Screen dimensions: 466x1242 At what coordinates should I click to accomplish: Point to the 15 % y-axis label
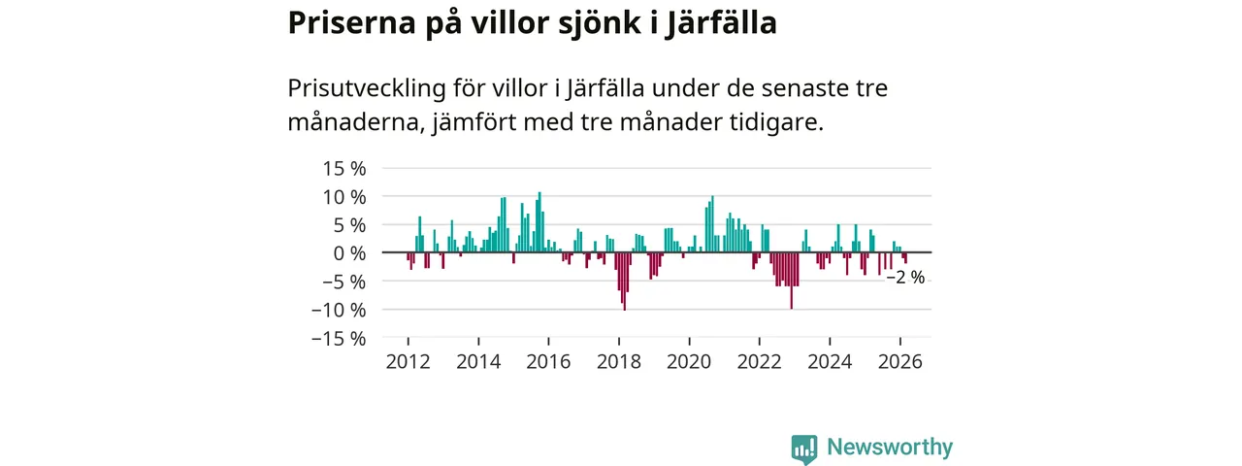click(x=344, y=168)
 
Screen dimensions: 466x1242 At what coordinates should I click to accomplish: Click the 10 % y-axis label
click(x=344, y=196)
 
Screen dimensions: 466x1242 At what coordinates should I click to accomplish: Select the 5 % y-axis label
click(x=349, y=224)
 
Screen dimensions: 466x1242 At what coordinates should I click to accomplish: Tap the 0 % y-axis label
click(x=349, y=252)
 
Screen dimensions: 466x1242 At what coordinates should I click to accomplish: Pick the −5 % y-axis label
click(x=342, y=282)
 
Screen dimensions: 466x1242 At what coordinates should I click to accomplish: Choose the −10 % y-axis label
click(x=338, y=310)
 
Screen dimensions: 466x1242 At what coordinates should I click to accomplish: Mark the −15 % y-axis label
click(x=338, y=338)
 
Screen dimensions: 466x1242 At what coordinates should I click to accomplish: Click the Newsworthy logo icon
click(x=803, y=449)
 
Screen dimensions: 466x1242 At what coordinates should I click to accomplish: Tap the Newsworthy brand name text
click(x=890, y=448)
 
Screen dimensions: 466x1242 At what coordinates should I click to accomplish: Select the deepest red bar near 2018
click(x=624, y=282)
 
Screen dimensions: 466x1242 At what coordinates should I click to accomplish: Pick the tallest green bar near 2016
click(x=539, y=222)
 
